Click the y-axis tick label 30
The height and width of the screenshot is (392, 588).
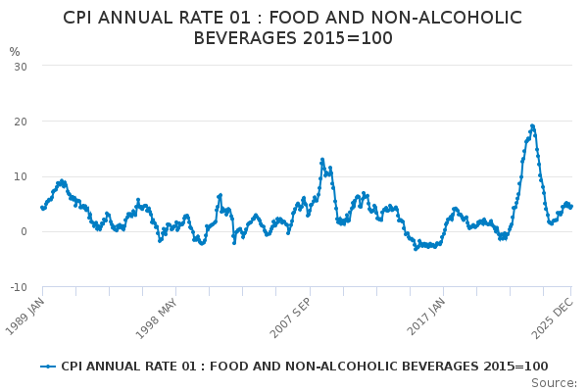[x=21, y=66]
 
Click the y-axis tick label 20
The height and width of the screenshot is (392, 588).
[x=21, y=121]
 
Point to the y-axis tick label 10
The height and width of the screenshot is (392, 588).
[x=21, y=176]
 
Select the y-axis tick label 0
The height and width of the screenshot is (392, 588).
[x=24, y=231]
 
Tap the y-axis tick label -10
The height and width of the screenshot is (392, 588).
[x=19, y=287]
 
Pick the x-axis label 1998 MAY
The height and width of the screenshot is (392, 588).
[x=158, y=316]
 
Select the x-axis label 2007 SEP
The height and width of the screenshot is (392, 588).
[x=292, y=316]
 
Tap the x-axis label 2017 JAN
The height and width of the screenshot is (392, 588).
[x=427, y=316]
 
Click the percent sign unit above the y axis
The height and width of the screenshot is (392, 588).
[x=15, y=52]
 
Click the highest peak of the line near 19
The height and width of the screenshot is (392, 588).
[x=532, y=125]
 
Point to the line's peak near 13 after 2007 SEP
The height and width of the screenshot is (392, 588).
[x=321, y=159]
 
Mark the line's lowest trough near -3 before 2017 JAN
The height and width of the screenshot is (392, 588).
[x=416, y=248]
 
